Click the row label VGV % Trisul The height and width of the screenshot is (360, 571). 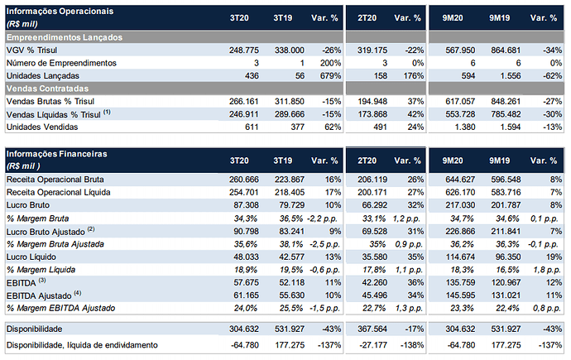31,50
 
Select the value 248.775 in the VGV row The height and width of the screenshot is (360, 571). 244,50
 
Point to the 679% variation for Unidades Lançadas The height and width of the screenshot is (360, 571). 331,75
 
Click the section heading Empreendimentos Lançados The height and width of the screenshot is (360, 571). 65,37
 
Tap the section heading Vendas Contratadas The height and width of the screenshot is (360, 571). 47,89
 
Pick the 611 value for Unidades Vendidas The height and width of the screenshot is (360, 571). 252,127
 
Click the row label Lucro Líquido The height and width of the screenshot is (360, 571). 31,257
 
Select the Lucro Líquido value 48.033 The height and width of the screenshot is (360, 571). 246,257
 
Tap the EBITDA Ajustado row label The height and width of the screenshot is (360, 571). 39,295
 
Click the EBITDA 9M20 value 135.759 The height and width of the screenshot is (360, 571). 460,282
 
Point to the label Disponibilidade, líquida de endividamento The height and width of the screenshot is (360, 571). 82,345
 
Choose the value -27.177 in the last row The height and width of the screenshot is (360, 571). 373,345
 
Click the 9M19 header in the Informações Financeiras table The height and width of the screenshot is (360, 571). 499,161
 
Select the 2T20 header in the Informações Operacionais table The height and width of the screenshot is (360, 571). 367,18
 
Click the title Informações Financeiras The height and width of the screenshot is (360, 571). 57,154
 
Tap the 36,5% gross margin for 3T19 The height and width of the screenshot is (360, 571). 291,218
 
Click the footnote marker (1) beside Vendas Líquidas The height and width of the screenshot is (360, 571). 107,112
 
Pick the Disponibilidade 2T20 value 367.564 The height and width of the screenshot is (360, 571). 372,329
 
